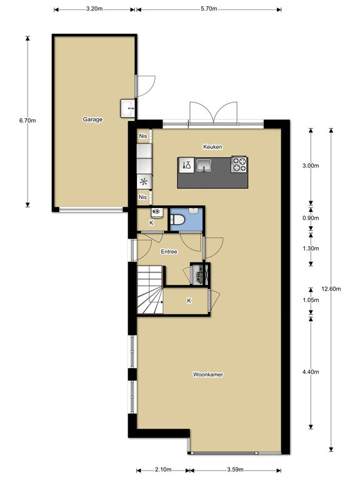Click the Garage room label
point(92,119)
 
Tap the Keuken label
point(212,147)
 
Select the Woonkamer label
point(208,374)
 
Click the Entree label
point(169,252)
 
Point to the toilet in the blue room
point(177,219)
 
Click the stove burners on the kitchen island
point(239,164)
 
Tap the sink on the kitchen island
point(203,166)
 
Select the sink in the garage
point(127,108)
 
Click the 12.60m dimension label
point(331,289)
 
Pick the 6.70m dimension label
point(27,121)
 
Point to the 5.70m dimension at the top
point(209,9)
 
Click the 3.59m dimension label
point(235,469)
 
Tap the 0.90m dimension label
point(311,218)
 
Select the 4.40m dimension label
point(311,372)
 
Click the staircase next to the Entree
point(150,289)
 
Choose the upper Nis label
point(143,136)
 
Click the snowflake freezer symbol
point(144,182)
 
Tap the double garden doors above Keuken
point(213,112)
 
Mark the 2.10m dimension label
point(163,469)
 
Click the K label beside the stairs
point(189,301)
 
